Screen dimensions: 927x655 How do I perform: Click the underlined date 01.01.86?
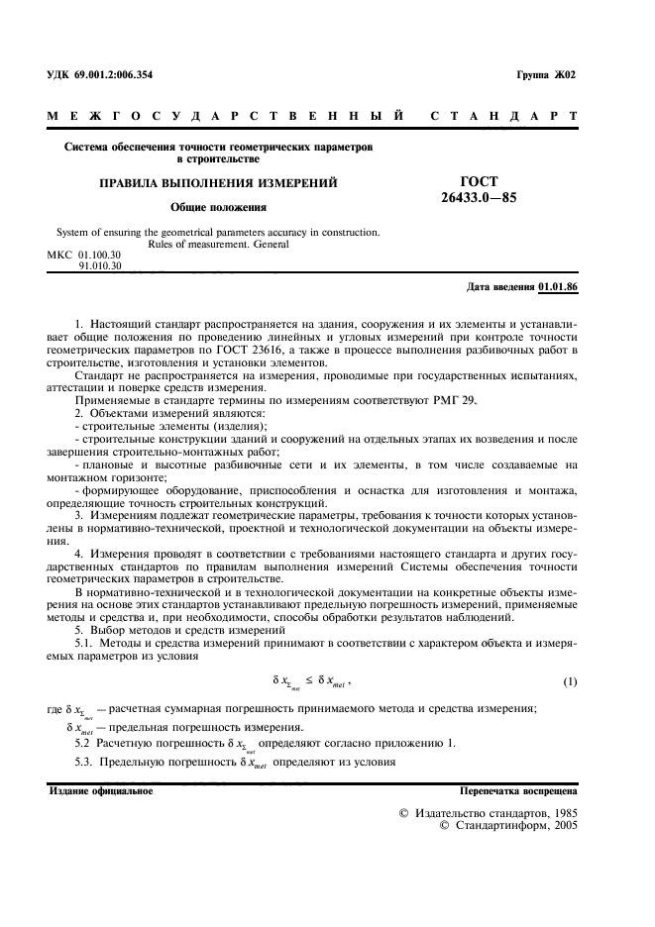(x=558, y=287)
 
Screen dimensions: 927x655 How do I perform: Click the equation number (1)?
(x=570, y=682)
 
